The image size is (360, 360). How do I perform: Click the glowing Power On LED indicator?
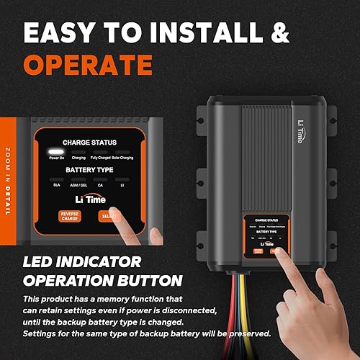pyautogui.click(x=55, y=152)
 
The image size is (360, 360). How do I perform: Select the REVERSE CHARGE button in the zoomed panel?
pyautogui.click(x=71, y=216)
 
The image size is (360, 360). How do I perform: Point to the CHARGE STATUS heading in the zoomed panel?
pyautogui.click(x=89, y=143)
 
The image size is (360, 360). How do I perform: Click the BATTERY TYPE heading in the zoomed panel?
pyautogui.click(x=89, y=169)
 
